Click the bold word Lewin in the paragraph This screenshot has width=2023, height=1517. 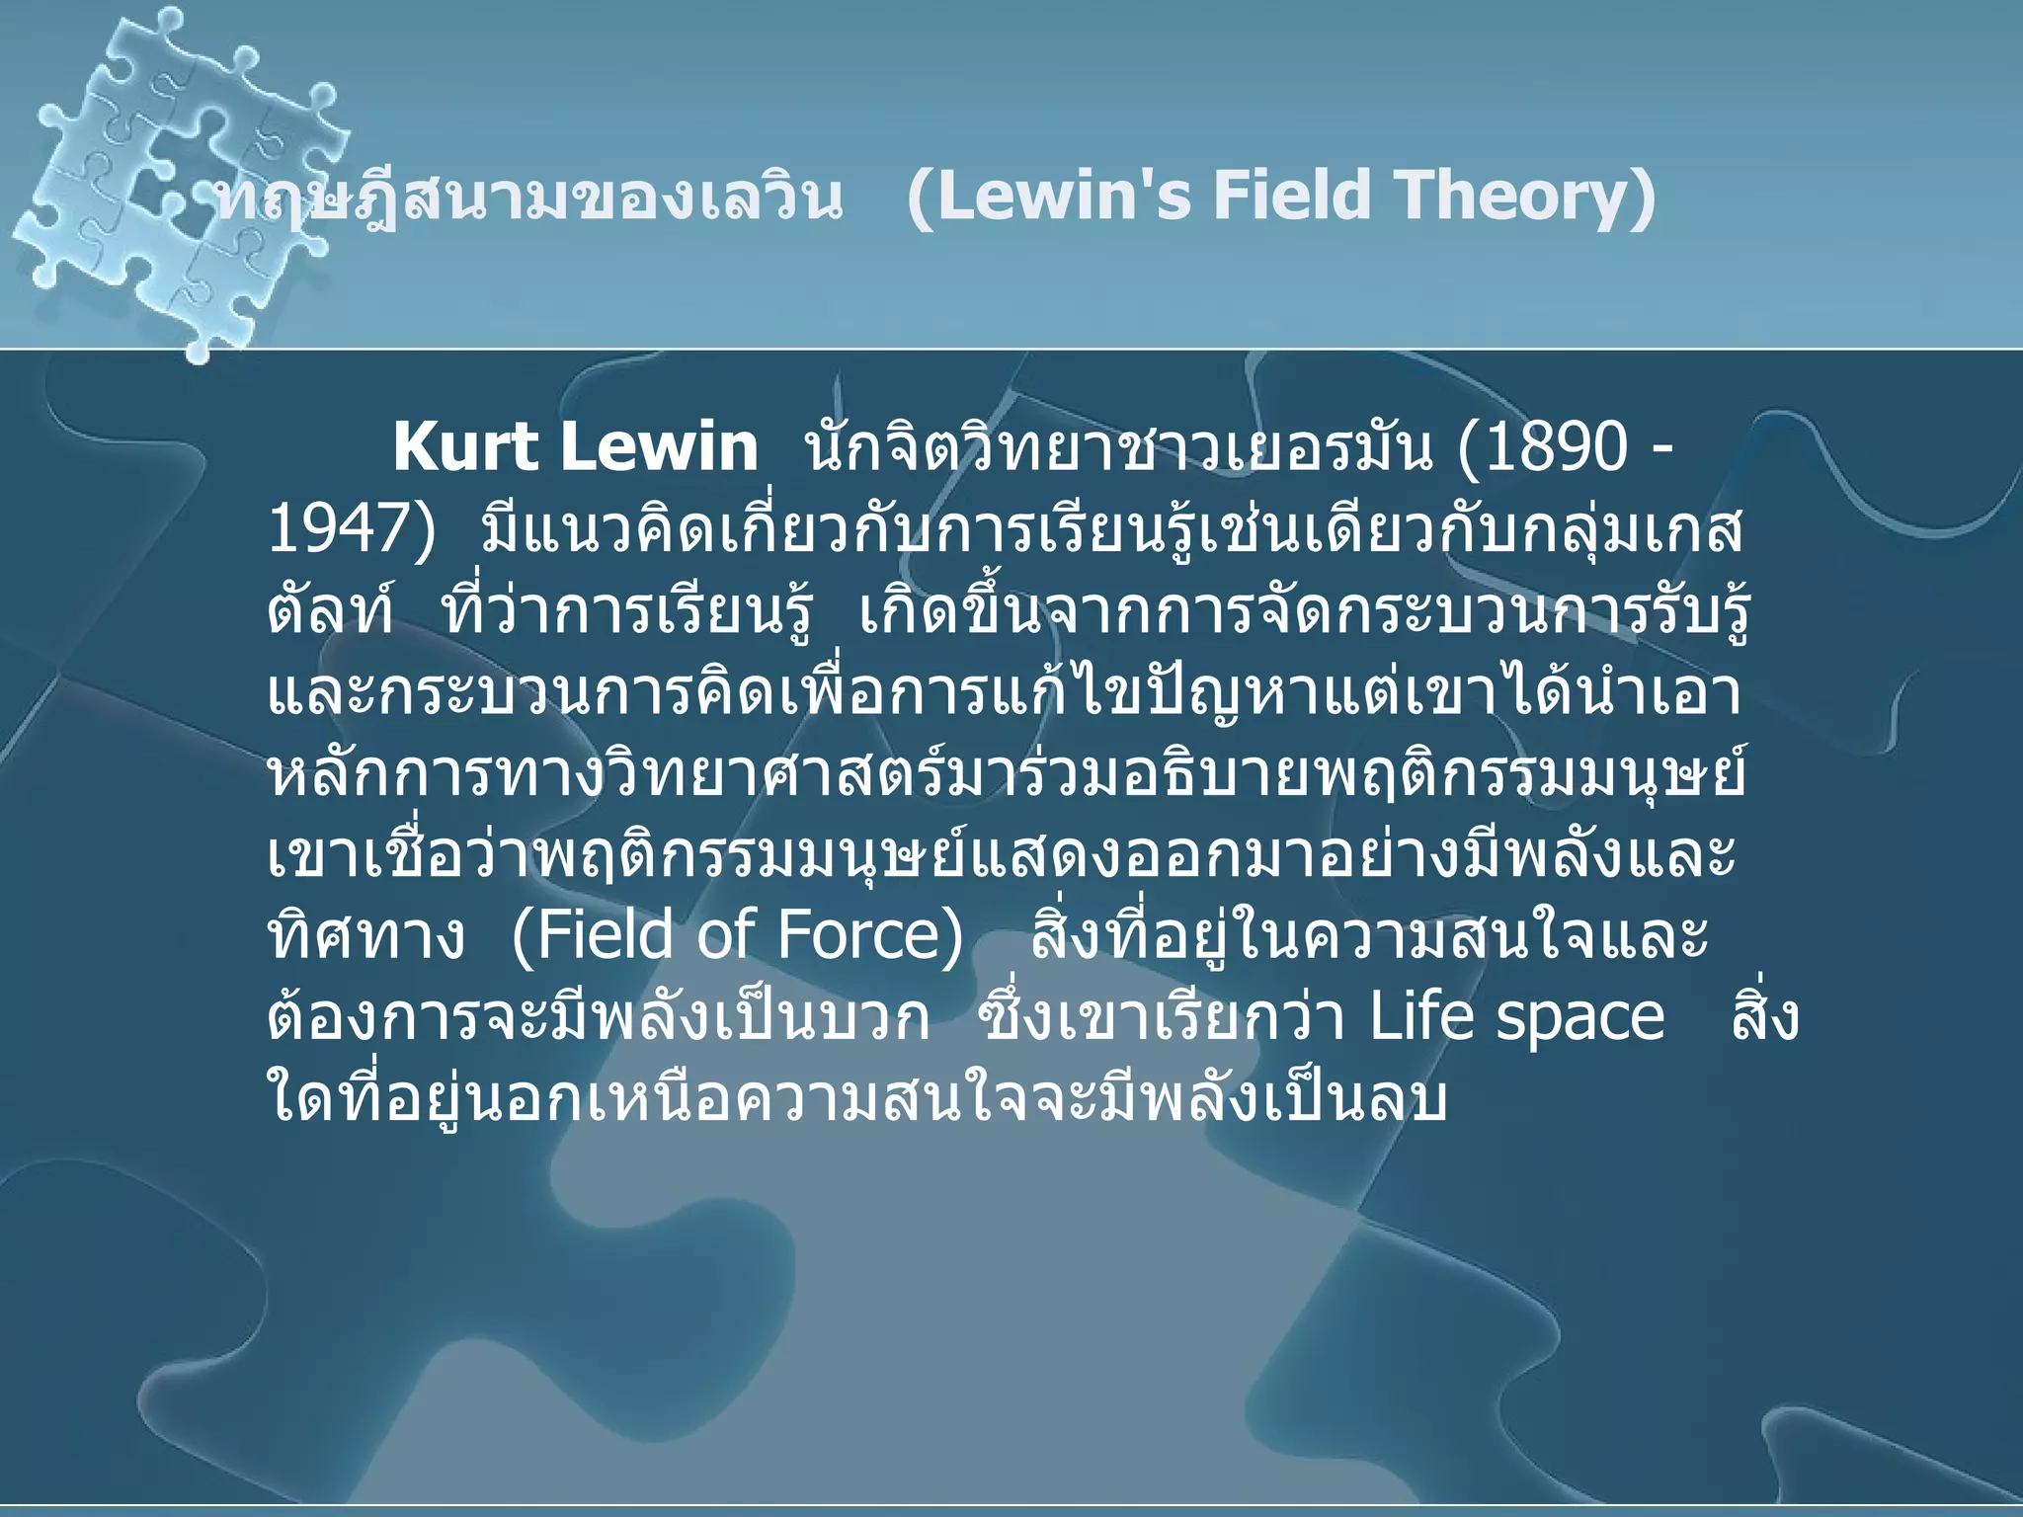pyautogui.click(x=659, y=447)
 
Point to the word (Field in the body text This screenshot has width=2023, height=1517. pyautogui.click(x=589, y=934)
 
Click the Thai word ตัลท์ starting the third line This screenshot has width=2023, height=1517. pyautogui.click(x=330, y=612)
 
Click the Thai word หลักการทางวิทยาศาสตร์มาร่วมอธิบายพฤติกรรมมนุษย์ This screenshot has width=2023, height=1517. pyautogui.click(x=1008, y=774)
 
